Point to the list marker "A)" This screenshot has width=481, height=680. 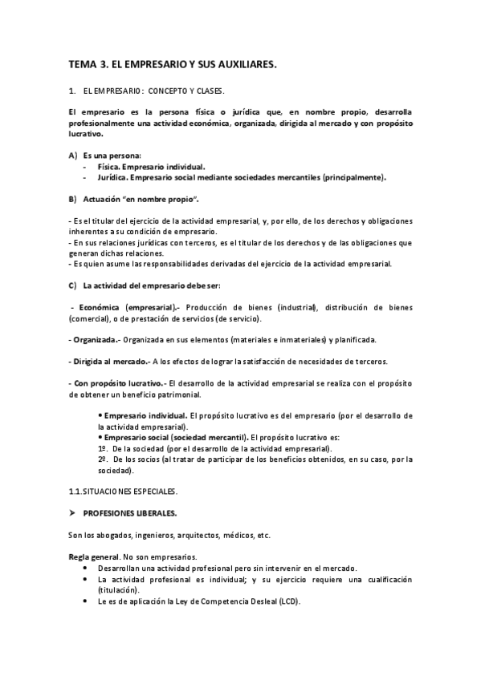click(x=73, y=155)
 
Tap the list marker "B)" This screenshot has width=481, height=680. click(x=73, y=198)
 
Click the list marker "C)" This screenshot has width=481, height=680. click(x=73, y=285)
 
